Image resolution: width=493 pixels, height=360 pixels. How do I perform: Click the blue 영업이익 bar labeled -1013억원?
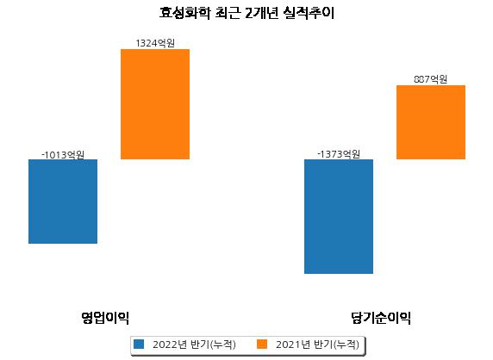pos(63,202)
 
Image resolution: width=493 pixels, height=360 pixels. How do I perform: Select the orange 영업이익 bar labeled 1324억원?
pos(155,104)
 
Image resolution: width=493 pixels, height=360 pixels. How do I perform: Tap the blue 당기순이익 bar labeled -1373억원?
pos(339,216)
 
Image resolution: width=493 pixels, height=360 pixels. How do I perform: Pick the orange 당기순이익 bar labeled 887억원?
pos(431,122)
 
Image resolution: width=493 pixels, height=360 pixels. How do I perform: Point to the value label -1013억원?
pos(63,154)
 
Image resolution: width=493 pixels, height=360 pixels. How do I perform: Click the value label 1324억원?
pos(155,43)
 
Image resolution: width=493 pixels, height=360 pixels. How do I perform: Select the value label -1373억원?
pos(339,154)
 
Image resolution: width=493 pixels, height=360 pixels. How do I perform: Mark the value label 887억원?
pos(431,79)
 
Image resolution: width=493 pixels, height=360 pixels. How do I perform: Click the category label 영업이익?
pos(105,318)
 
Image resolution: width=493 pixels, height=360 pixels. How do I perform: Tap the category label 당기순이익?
pos(381,318)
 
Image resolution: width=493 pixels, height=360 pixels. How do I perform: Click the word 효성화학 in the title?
pos(184,13)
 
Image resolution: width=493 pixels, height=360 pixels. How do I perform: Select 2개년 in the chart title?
pos(262,13)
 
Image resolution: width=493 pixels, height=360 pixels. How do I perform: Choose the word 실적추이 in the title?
pos(309,13)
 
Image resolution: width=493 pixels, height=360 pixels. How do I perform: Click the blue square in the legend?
pos(139,344)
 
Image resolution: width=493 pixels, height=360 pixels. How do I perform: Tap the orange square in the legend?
pos(262,344)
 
